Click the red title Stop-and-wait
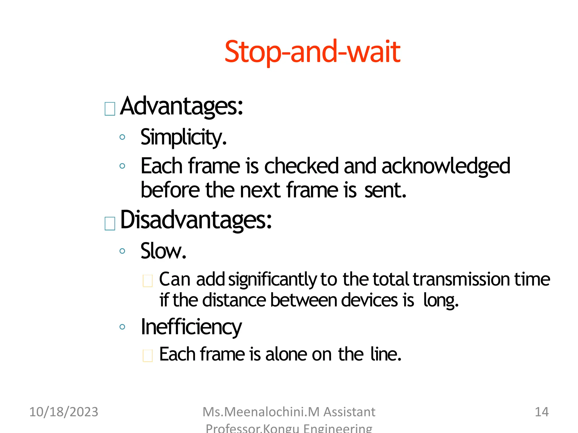pyautogui.click(x=312, y=52)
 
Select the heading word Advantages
pyautogui.click(x=181, y=106)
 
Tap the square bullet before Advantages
pyautogui.click(x=110, y=109)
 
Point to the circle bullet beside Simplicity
pyautogui.click(x=122, y=137)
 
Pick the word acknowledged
pyautogui.click(x=446, y=166)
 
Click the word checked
pyautogui.click(x=301, y=166)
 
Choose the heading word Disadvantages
pyautogui.click(x=196, y=220)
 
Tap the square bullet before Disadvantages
pyautogui.click(x=110, y=224)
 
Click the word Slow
pyautogui.click(x=163, y=251)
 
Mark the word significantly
pyautogui.click(x=273, y=280)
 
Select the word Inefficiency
pyautogui.click(x=191, y=327)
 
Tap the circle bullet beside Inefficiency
pyautogui.click(x=122, y=327)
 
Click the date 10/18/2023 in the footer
pyautogui.click(x=64, y=412)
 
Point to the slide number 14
pyautogui.click(x=542, y=412)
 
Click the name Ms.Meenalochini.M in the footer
pyautogui.click(x=261, y=412)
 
